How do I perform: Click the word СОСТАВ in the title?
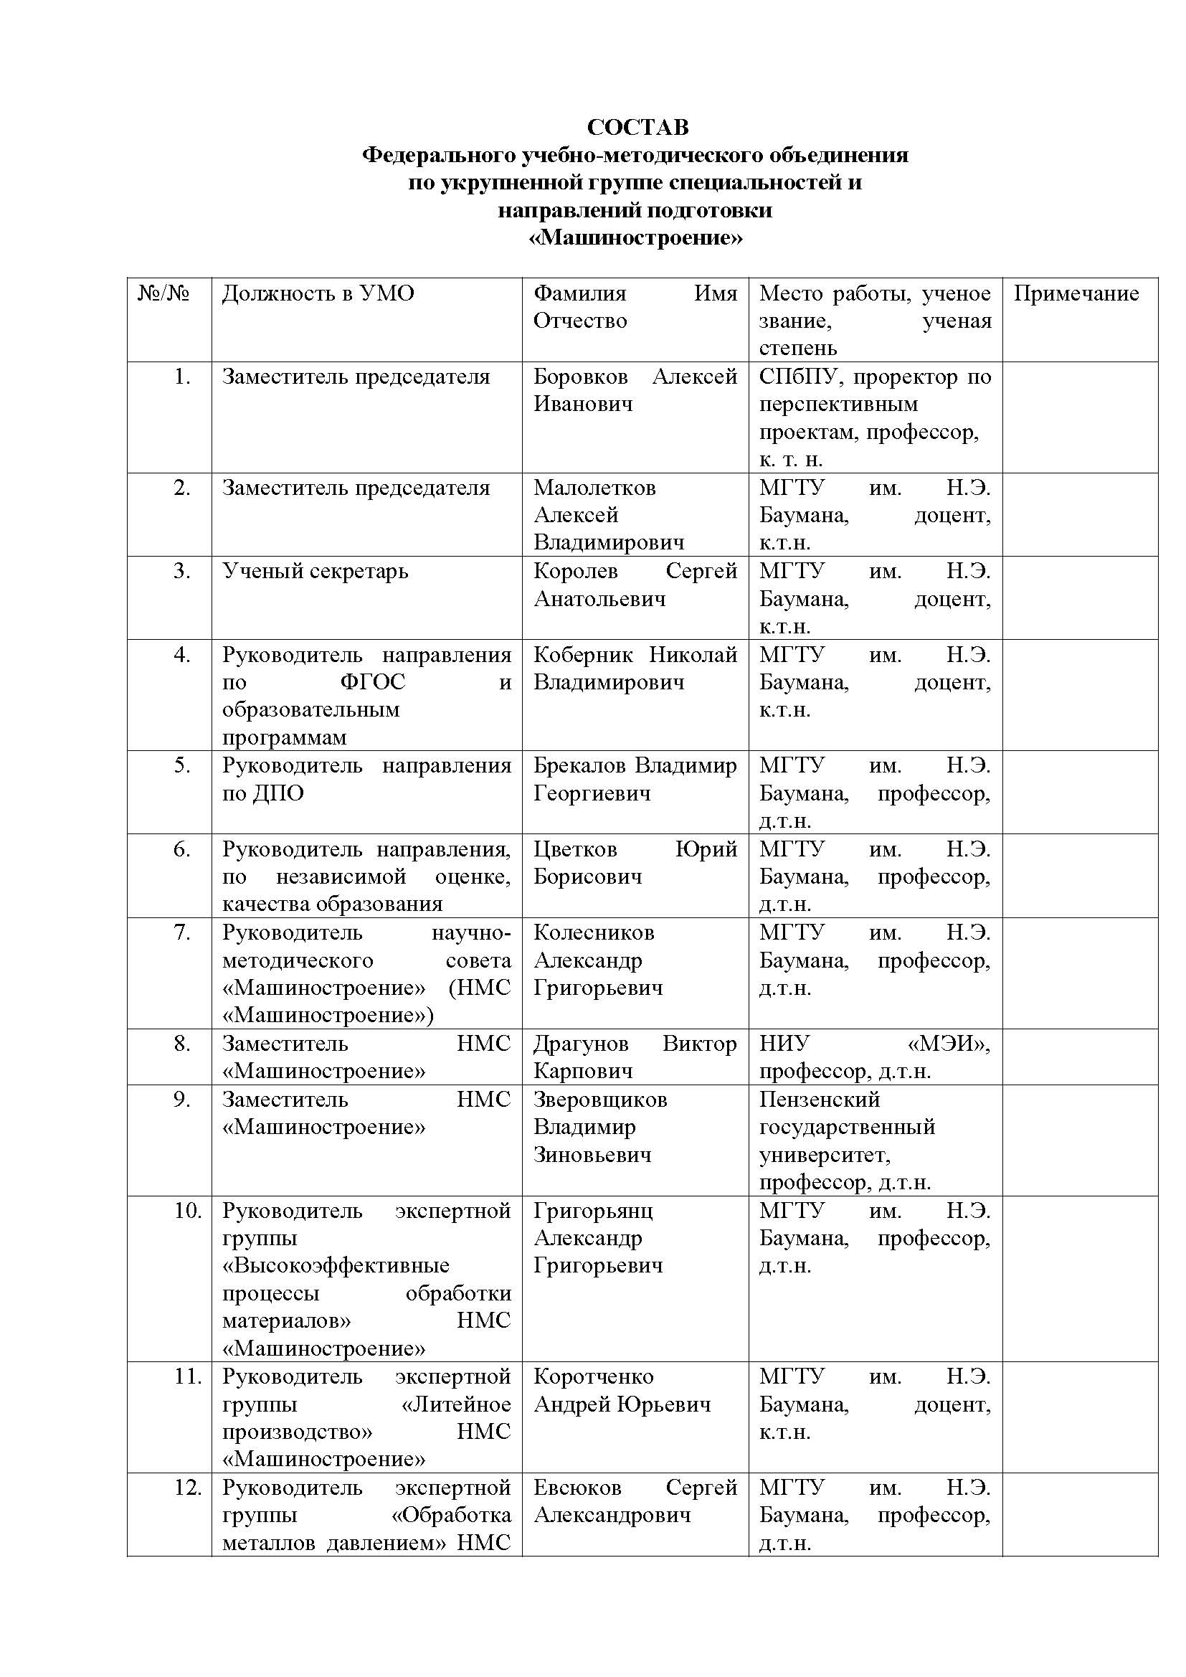[637, 127]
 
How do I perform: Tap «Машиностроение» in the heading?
[635, 238]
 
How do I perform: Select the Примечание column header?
[1076, 293]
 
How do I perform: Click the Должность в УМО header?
[318, 293]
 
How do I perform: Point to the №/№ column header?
[163, 293]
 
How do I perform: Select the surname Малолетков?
[594, 488]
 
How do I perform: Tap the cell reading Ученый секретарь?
[315, 571]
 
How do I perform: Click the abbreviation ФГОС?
[372, 683]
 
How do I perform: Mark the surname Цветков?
[575, 849]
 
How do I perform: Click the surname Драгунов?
[581, 1044]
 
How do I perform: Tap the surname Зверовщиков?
[599, 1100]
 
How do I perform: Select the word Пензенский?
[820, 1100]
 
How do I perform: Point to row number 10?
[188, 1211]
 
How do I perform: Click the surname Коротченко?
[593, 1377]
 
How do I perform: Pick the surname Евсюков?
[577, 1488]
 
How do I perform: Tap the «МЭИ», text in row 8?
[949, 1044]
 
